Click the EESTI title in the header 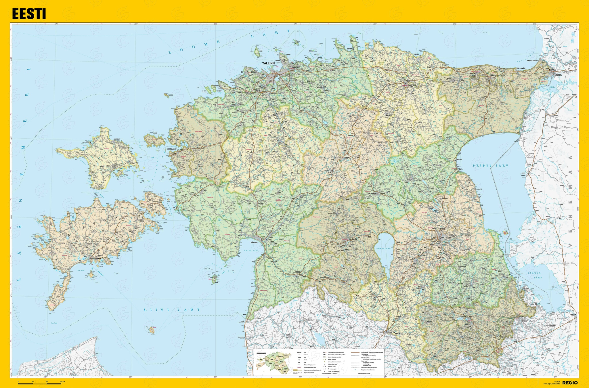(29, 14)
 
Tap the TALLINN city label (268, 63)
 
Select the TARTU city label (444, 238)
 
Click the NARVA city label (552, 70)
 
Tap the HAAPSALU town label (171, 149)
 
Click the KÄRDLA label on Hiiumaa (117, 139)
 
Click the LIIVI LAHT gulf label (172, 310)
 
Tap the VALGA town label (392, 332)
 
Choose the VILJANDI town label (353, 239)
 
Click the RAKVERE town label (412, 85)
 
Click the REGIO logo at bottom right (569, 383)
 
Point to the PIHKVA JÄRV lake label (534, 275)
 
